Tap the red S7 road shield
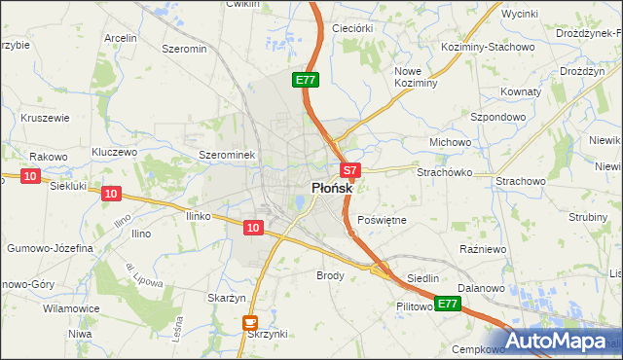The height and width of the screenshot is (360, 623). coord(351,169)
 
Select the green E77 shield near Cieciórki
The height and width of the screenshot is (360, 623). coord(305,80)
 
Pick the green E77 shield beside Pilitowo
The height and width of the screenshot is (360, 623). coord(447,305)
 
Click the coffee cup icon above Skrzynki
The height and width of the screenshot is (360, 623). coord(250,322)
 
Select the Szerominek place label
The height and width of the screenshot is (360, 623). coord(226,155)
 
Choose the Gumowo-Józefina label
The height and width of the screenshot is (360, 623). coord(50,248)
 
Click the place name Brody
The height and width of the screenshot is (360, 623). coord(331,275)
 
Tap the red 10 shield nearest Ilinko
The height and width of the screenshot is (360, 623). coord(253,228)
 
